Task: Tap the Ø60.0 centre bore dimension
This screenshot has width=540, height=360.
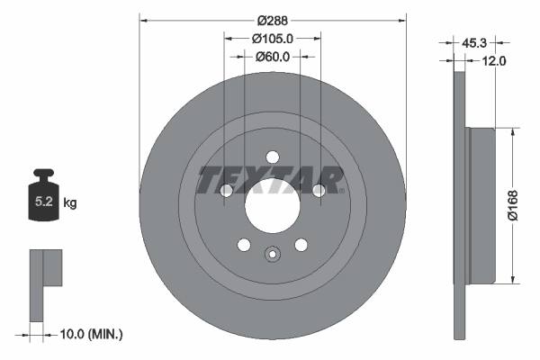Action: (271, 57)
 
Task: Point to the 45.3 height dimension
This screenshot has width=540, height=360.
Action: (474, 41)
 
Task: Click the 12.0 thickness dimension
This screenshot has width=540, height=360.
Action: (496, 61)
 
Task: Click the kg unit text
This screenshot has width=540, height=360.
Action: (70, 203)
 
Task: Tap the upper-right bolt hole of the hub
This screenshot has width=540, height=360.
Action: (318, 190)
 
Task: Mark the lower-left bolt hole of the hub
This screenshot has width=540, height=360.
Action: (242, 244)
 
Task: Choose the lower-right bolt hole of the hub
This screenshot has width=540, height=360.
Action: (301, 244)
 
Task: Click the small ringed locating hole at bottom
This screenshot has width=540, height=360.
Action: (271, 255)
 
